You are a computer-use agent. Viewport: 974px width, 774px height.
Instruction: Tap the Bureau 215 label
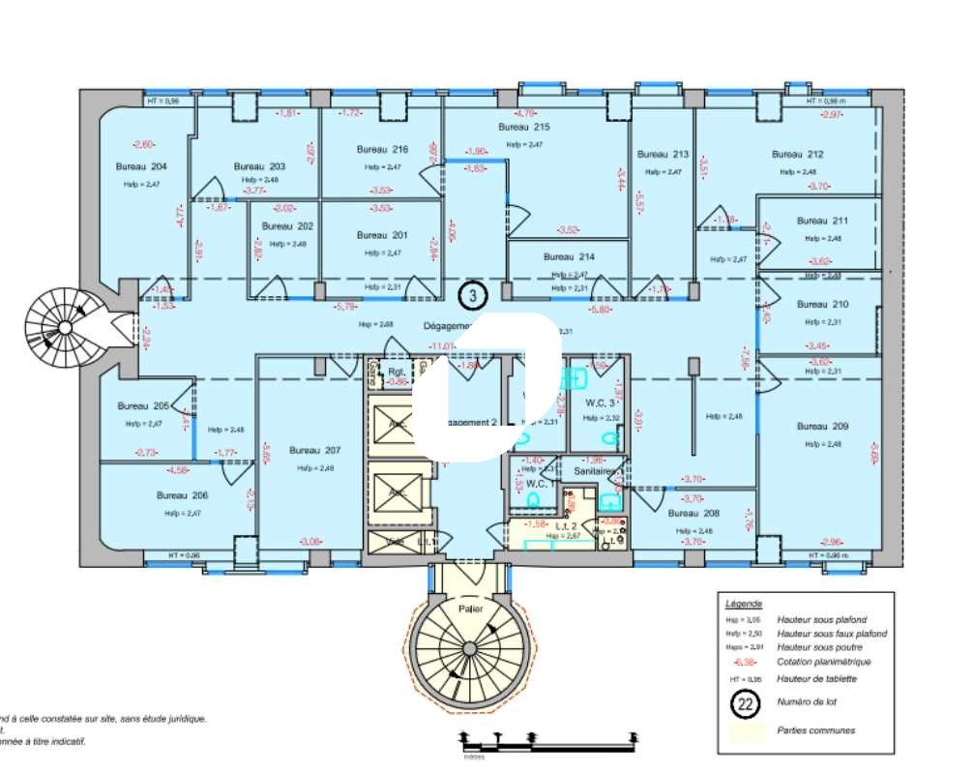coord(524,128)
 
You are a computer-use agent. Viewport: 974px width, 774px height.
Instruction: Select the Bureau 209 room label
coord(822,426)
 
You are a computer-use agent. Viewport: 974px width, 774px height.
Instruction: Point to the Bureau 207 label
coord(315,451)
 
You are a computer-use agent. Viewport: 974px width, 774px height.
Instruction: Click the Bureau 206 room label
coord(183,494)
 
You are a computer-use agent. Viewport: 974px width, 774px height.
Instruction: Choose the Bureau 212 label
coord(797,155)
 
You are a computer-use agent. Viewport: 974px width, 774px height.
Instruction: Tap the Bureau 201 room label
coord(382,235)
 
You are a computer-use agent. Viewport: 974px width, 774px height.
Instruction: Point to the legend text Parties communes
coord(816,730)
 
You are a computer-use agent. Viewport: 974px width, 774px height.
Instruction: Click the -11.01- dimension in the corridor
coord(443,345)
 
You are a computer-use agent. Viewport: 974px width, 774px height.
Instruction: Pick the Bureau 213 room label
coord(663,155)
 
